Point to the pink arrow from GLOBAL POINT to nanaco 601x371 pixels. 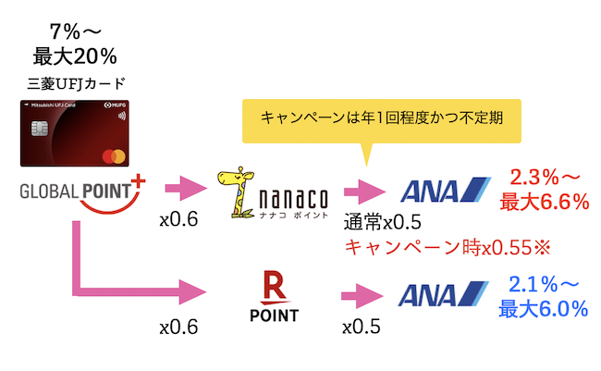tap(185, 193)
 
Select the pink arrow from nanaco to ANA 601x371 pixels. tap(365, 193)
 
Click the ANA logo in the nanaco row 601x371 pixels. tap(444, 192)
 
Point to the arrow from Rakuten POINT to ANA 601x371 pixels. tap(365, 297)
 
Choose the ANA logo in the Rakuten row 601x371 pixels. tap(444, 295)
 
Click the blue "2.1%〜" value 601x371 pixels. tap(546, 284)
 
